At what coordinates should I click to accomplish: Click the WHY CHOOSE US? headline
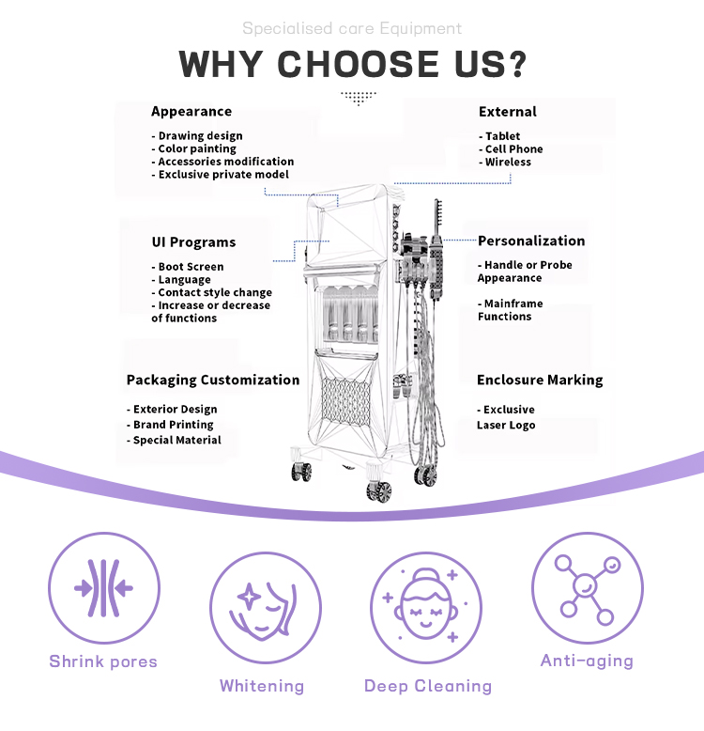pyautogui.click(x=352, y=64)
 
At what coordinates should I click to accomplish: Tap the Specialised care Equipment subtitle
pyautogui.click(x=352, y=28)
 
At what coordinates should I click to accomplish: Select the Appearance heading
pyautogui.click(x=191, y=112)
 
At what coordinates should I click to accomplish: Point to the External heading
pyautogui.click(x=508, y=112)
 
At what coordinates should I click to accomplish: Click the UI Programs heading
pyautogui.click(x=193, y=242)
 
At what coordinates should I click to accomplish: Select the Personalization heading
pyautogui.click(x=531, y=241)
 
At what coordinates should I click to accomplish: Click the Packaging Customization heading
pyautogui.click(x=213, y=381)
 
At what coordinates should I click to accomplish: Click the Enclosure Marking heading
pyautogui.click(x=540, y=381)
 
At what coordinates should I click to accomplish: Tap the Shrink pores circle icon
pyautogui.click(x=103, y=589)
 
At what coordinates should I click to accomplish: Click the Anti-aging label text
pyautogui.click(x=587, y=661)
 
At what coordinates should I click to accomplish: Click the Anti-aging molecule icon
pyautogui.click(x=587, y=589)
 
